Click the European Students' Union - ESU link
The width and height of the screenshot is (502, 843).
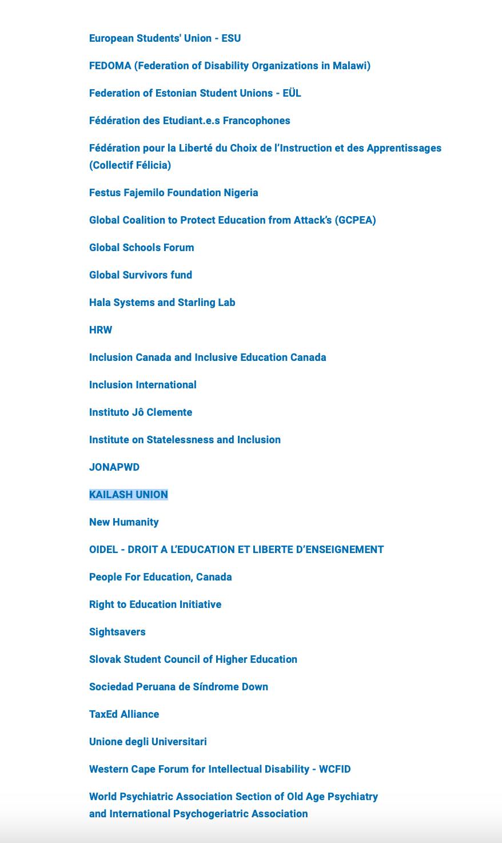point(165,38)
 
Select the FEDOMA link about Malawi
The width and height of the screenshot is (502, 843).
point(229,66)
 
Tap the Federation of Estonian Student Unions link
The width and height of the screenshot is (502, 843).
point(194,93)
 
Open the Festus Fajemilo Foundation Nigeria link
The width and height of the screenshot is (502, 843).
point(173,193)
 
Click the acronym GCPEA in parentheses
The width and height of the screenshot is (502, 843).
point(355,220)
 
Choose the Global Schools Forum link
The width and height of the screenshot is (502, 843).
point(141,248)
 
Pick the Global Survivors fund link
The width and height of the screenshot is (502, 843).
point(140,275)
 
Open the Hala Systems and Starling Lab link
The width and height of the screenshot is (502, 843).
point(162,303)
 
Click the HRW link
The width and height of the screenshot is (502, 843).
point(101,330)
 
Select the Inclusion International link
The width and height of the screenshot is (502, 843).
point(142,385)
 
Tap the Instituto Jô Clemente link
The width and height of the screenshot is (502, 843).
point(140,412)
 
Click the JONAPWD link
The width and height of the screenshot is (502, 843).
point(114,467)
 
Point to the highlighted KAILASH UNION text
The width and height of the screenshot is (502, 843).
point(128,495)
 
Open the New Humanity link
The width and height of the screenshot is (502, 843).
point(123,522)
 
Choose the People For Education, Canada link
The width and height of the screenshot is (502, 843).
point(160,577)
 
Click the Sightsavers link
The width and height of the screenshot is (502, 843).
point(117,632)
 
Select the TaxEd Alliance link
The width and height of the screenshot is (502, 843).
point(123,714)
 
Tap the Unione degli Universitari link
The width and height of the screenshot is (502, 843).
point(148,742)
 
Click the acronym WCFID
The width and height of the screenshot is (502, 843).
point(334,769)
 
